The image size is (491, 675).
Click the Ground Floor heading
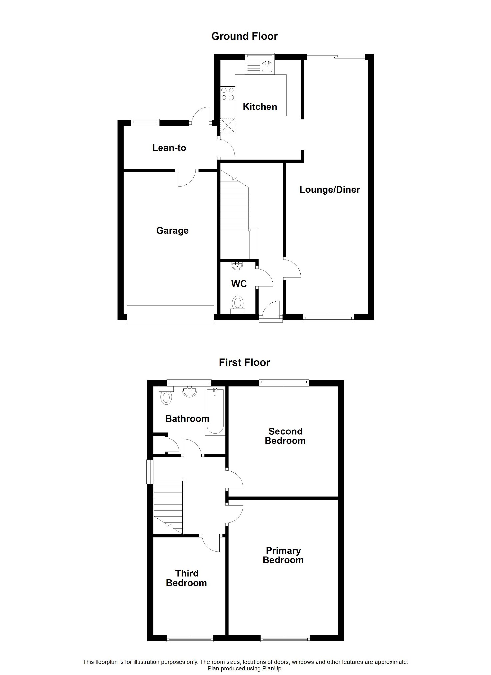click(244, 36)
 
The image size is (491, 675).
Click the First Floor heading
click(244, 362)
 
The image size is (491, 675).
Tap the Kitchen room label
click(260, 107)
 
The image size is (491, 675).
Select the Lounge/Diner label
click(330, 190)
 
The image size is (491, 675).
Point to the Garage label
click(172, 231)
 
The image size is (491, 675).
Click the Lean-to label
click(169, 148)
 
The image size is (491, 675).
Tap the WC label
click(239, 284)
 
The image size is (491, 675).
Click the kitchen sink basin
click(267, 67)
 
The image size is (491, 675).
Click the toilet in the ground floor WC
click(238, 304)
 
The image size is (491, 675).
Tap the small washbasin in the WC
click(237, 265)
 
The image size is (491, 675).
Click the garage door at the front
click(170, 314)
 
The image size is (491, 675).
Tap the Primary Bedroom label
click(283, 555)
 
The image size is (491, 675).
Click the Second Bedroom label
click(285, 436)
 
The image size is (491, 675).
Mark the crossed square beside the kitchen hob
click(228, 125)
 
